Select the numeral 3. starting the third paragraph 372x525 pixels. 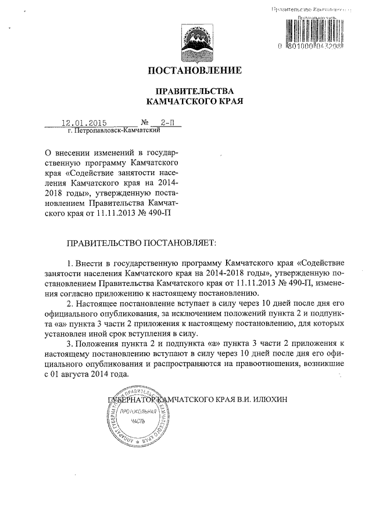[x=71, y=343]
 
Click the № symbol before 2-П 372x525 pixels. [x=144, y=123]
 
